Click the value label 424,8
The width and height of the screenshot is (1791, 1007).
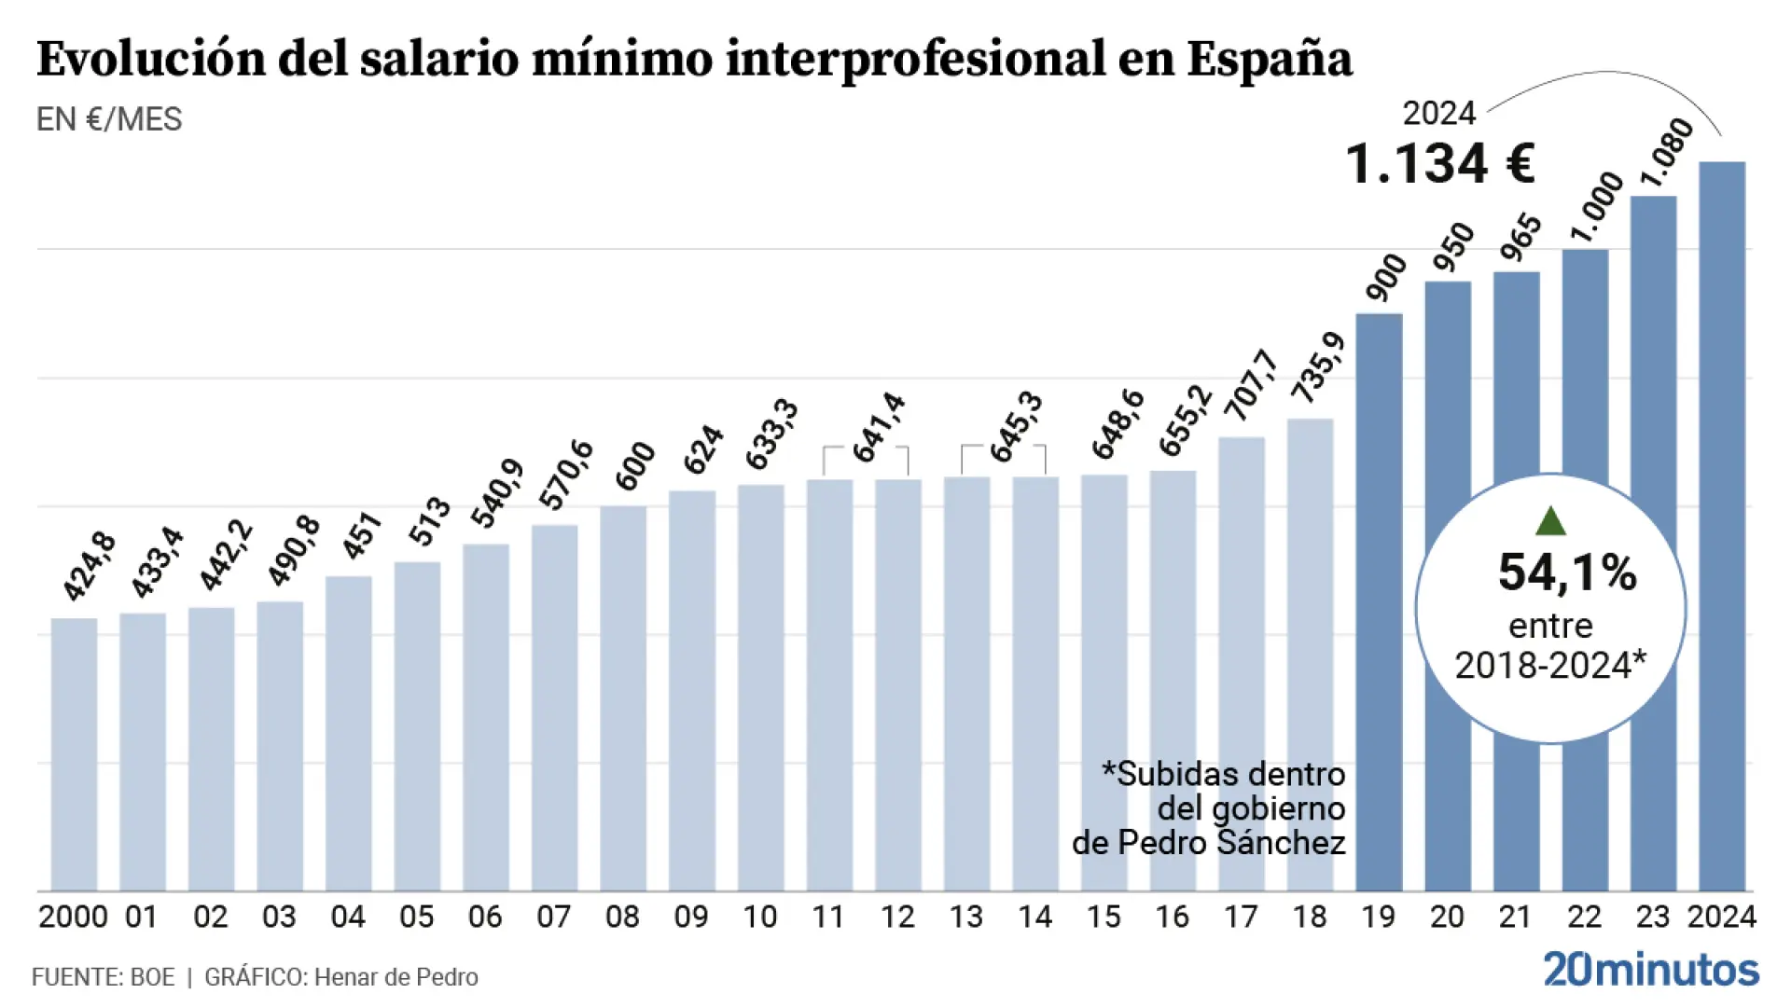(x=90, y=565)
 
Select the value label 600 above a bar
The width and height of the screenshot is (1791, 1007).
(x=635, y=466)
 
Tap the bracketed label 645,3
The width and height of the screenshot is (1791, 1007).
(x=1016, y=426)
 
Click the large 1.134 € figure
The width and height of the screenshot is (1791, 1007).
(x=1439, y=164)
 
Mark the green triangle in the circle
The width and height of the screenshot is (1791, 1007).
(x=1549, y=521)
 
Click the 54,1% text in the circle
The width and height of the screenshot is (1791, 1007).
(x=1567, y=572)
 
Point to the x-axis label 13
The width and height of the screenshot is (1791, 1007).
(x=965, y=917)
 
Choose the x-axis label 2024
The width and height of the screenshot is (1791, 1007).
(x=1721, y=917)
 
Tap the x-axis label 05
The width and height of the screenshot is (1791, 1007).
(x=416, y=917)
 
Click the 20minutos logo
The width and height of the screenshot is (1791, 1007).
(x=1650, y=970)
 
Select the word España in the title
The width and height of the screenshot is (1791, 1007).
(x=1269, y=59)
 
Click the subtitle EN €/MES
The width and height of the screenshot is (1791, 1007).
(x=109, y=119)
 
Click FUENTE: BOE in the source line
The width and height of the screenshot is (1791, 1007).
(x=103, y=976)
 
